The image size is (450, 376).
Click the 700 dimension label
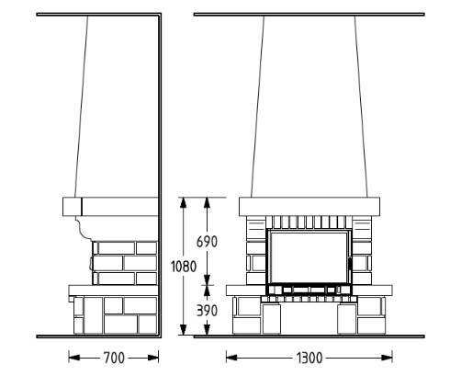tap(114, 358)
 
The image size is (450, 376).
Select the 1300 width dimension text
tap(309, 358)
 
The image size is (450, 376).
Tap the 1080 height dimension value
tap(184, 267)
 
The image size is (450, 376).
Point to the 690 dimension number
tap(207, 242)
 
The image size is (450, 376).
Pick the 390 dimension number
tap(207, 311)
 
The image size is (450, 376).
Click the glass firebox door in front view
tap(309, 257)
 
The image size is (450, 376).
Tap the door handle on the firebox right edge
tap(348, 263)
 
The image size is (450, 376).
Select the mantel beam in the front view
tap(309, 206)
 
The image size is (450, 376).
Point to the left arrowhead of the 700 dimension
tap(73, 358)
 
